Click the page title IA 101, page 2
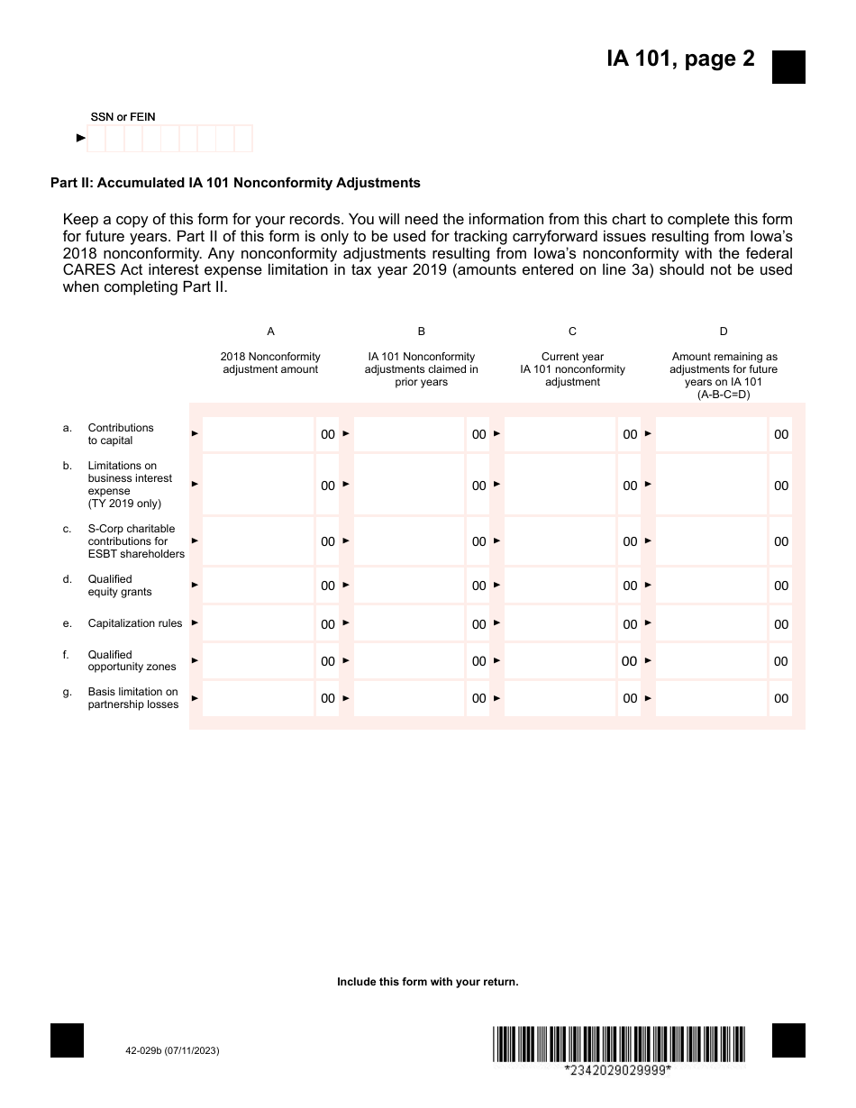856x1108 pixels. point(680,59)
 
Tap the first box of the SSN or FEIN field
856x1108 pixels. point(96,139)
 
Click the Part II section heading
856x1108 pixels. point(235,183)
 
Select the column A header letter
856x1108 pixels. point(271,331)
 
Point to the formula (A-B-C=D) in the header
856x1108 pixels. point(723,395)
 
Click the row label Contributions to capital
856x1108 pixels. point(121,434)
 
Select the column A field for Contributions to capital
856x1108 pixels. point(259,434)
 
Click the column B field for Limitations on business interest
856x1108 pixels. point(409,485)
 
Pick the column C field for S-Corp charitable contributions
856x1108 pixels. point(560,541)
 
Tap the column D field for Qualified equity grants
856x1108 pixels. point(712,586)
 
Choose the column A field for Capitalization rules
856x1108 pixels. point(259,623)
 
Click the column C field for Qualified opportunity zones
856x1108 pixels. point(560,661)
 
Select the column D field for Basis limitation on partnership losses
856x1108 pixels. point(712,698)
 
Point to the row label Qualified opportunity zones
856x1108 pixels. point(132,660)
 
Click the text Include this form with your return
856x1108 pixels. point(428,982)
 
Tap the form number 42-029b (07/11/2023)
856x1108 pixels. point(173,1051)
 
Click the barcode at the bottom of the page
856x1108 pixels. point(619,1044)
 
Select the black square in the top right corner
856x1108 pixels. point(788,68)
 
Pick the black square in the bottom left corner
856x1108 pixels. point(68,1040)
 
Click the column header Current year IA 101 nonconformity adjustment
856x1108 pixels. point(572,369)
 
